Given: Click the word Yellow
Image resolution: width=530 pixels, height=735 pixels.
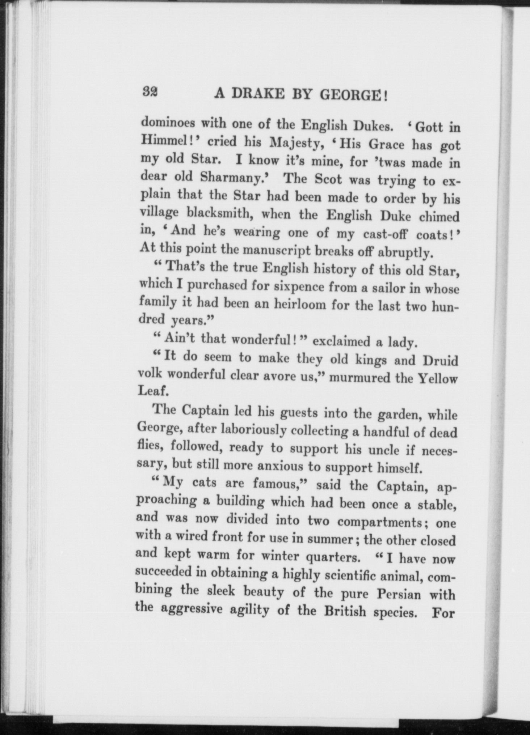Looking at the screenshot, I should pyautogui.click(x=438, y=378).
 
